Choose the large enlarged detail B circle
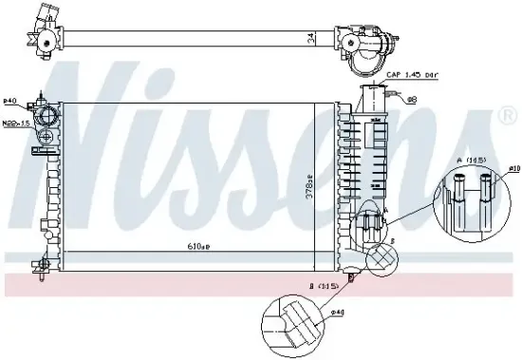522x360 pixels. pyautogui.click(x=293, y=319)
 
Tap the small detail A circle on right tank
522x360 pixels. pyautogui.click(x=371, y=224)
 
